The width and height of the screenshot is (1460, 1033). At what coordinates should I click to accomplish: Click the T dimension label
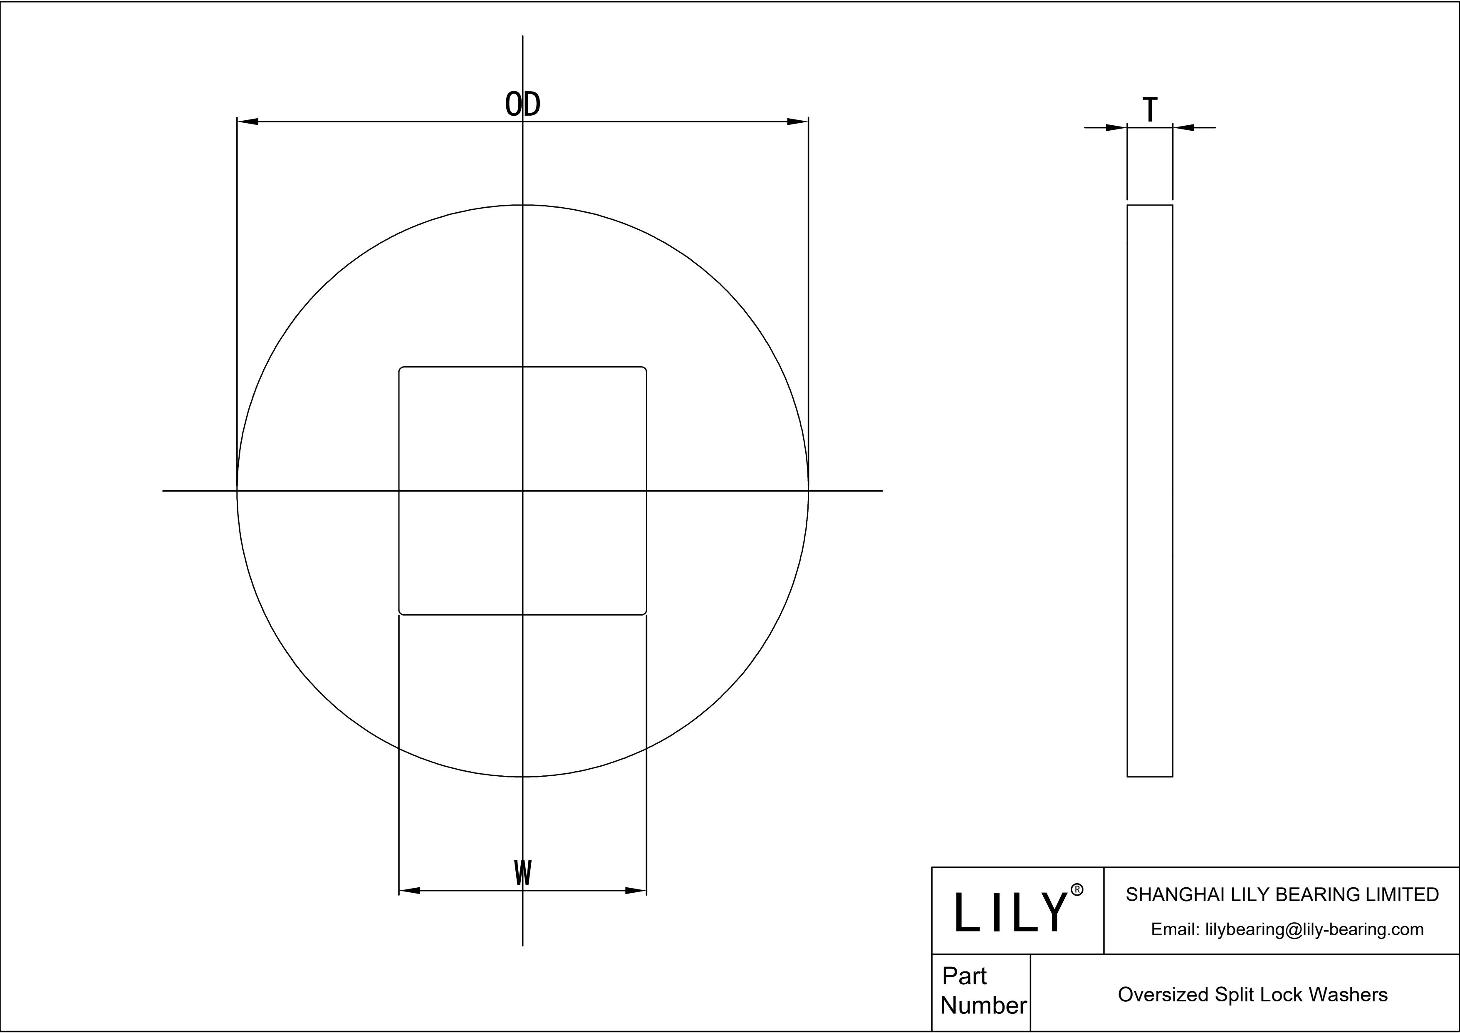(1150, 110)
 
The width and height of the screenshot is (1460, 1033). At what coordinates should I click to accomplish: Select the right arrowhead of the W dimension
(636, 891)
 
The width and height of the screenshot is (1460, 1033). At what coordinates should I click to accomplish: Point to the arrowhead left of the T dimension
(1116, 128)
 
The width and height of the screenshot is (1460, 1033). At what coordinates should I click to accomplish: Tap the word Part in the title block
(964, 976)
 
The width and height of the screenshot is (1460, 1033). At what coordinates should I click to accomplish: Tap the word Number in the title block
(983, 1006)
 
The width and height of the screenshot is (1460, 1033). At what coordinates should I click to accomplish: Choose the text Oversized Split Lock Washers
(1253, 994)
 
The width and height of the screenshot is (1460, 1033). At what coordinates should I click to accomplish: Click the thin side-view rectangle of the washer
(1150, 490)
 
